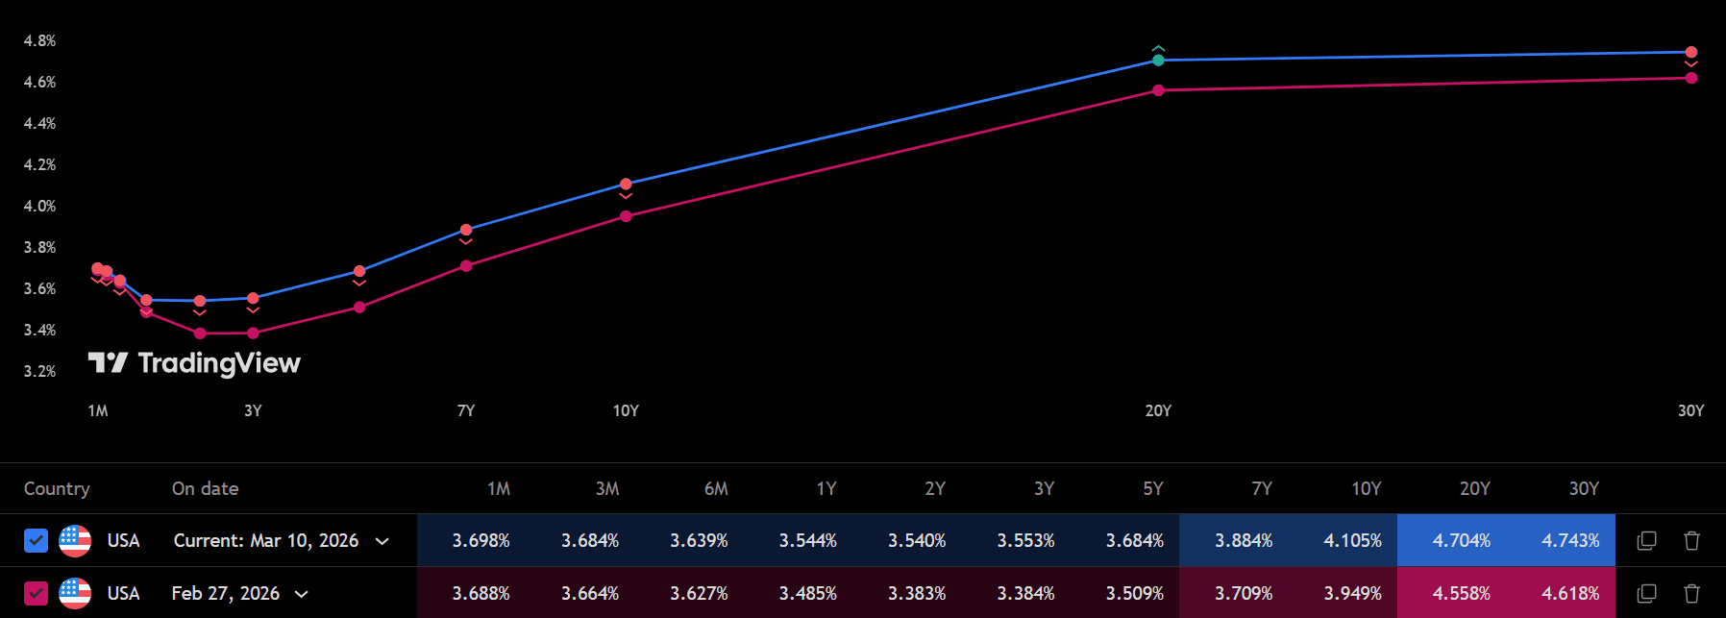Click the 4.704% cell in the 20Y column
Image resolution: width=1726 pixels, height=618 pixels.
tap(1461, 541)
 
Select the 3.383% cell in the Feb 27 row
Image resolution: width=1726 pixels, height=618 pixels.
tap(917, 594)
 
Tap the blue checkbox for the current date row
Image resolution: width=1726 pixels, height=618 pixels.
tap(36, 541)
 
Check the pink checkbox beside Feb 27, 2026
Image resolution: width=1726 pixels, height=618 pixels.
tap(36, 594)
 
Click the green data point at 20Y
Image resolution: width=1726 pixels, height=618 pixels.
tap(1158, 61)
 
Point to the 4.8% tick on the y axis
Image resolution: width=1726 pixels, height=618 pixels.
tap(39, 41)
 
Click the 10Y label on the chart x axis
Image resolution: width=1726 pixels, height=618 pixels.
tap(626, 411)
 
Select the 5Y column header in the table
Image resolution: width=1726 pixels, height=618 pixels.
tap(1153, 489)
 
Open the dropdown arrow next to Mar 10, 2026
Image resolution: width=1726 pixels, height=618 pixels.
tap(382, 541)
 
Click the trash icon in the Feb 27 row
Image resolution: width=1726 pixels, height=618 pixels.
tap(1692, 594)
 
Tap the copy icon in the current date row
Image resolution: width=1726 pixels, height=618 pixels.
tap(1646, 541)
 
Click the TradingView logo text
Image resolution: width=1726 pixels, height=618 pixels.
tap(219, 363)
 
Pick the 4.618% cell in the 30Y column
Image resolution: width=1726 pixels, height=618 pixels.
tap(1570, 594)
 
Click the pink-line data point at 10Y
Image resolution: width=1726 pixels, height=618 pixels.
tap(626, 216)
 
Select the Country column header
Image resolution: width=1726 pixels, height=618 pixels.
tap(57, 489)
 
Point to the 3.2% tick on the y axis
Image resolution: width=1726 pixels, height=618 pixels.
tap(39, 372)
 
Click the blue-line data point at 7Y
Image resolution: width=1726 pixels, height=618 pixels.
tap(466, 230)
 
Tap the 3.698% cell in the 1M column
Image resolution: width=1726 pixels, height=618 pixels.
tap(481, 541)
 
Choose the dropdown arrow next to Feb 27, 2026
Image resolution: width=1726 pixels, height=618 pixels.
tap(302, 594)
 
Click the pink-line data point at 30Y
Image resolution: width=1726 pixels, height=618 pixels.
tap(1691, 78)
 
